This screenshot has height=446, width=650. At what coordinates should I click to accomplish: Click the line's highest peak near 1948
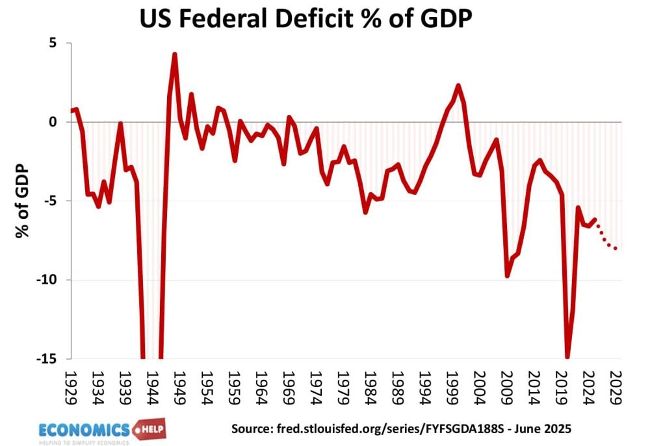[175, 54]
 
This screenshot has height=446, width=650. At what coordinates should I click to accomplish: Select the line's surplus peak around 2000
[458, 85]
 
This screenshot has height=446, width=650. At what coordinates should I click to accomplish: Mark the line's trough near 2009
[507, 276]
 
